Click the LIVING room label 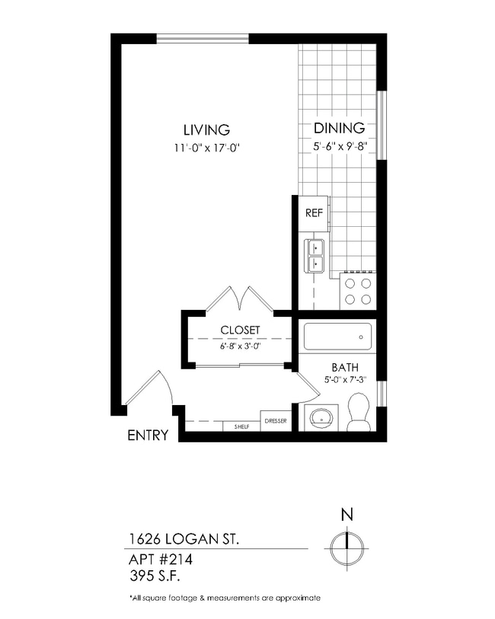[206, 129]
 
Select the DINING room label [339, 129]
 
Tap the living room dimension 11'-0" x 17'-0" [206, 148]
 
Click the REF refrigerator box [313, 212]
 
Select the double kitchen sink [315, 255]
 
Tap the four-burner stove [358, 290]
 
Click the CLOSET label [240, 330]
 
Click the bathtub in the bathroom [337, 336]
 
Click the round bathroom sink [321, 418]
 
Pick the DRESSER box [276, 421]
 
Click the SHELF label [241, 427]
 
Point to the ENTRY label [147, 436]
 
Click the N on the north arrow [346, 514]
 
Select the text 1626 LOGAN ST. [184, 539]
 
